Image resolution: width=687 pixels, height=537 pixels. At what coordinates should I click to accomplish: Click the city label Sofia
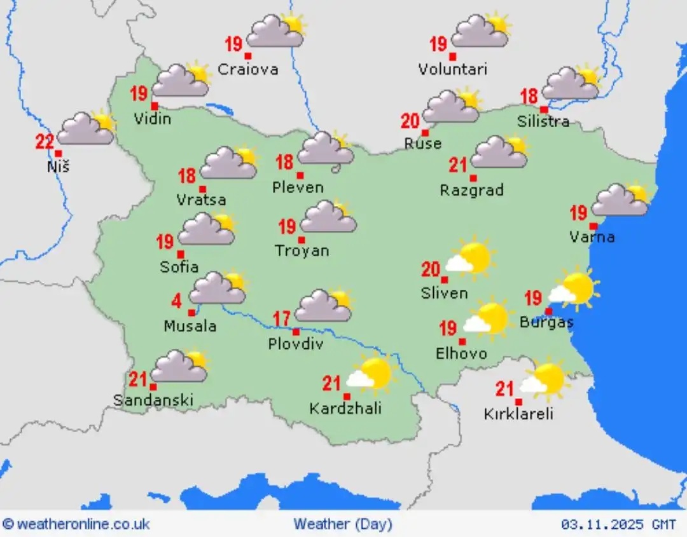coord(179,267)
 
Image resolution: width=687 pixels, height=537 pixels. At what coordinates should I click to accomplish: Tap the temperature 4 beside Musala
coord(176,299)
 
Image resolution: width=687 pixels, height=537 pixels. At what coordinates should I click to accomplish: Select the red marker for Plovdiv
coord(296,332)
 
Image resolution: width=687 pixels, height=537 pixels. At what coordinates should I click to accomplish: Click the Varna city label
coord(592,237)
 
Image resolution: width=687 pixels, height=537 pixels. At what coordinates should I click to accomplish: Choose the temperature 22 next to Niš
coord(45,141)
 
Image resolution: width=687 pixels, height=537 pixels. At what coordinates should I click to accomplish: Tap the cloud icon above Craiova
coord(276,32)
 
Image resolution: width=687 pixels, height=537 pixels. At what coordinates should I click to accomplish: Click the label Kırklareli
coord(518,414)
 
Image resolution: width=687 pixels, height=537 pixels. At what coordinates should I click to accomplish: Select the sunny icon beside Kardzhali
coord(371,374)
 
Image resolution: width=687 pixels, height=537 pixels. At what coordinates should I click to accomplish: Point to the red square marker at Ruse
coord(425,133)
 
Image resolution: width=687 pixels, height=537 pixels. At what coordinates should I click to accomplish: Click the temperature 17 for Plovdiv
coord(283,318)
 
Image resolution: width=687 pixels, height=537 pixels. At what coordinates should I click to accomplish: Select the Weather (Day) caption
coord(343,524)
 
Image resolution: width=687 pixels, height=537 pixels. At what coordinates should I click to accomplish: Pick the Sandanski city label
coord(153,400)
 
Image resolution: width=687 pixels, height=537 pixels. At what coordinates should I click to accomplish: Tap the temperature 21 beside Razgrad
coord(458,165)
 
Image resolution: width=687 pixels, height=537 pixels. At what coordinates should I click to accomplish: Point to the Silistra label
coord(543,121)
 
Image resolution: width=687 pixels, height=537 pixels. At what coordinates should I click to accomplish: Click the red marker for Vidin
coord(155,105)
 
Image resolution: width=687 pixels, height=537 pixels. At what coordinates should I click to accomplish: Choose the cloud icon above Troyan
coord(328,217)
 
